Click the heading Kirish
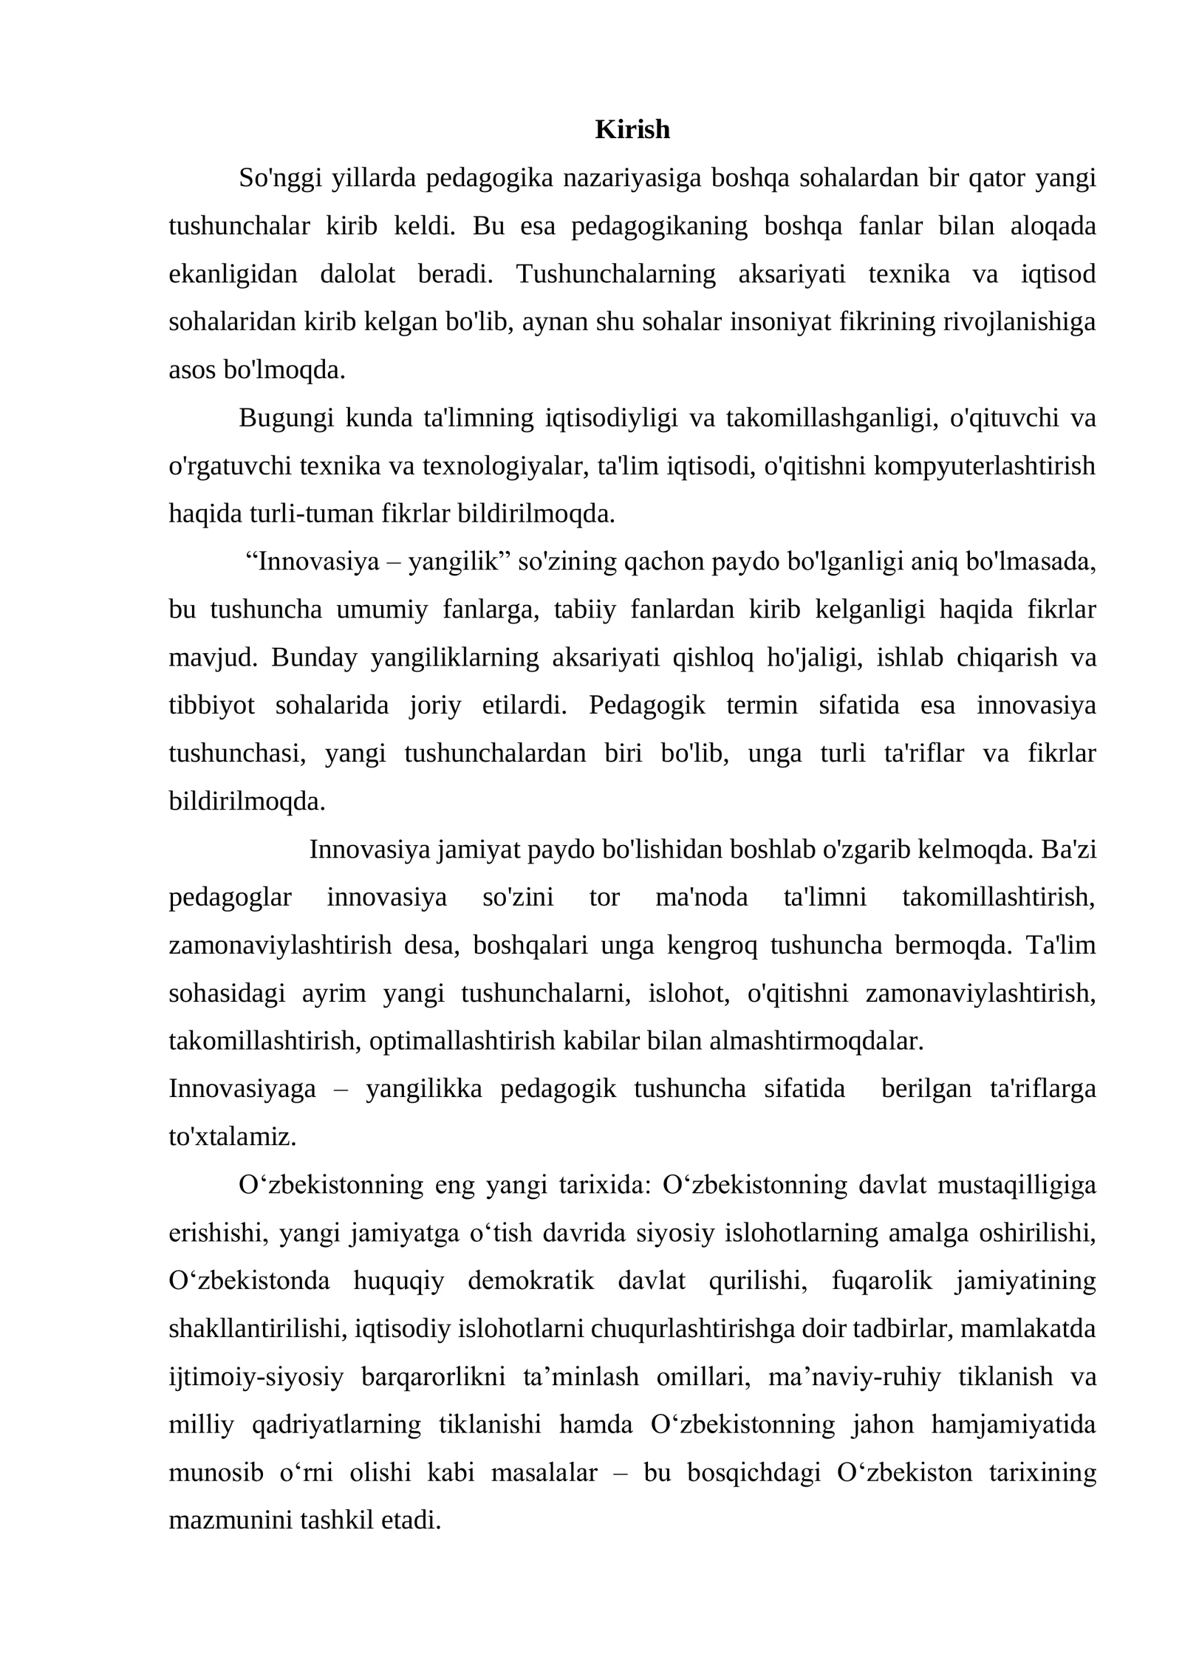[632, 130]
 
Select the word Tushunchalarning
[615, 274]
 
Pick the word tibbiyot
[211, 705]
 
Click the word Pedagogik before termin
[647, 705]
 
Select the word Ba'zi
[1068, 850]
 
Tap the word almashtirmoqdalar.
[816, 1041]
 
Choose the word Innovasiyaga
[242, 1089]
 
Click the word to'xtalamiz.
[232, 1137]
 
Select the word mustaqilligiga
[1017, 1185]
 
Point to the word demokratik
[530, 1281]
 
